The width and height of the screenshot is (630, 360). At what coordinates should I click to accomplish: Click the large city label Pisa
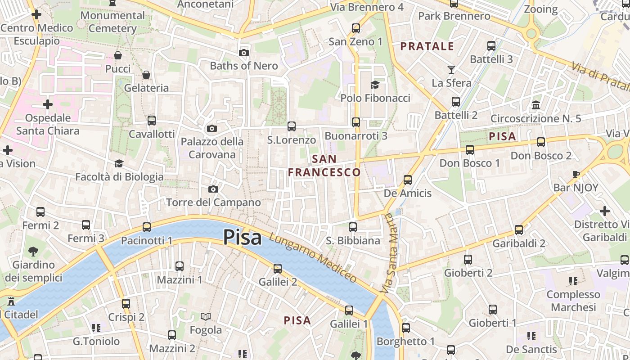coord(242,237)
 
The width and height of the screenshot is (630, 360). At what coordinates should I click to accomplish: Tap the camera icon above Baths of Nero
coord(244,53)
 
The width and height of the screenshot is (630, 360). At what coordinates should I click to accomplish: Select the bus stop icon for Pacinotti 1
coord(147,227)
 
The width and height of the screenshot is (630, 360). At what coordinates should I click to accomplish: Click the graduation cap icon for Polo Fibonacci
coord(375,85)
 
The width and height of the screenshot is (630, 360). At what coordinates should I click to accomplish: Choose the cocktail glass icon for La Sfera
coord(451,70)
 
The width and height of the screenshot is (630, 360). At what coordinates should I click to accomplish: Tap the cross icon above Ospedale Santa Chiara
coord(48,105)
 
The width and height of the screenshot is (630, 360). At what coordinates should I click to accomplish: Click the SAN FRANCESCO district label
coord(324,166)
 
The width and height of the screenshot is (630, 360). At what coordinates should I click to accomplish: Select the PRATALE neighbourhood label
coord(427,46)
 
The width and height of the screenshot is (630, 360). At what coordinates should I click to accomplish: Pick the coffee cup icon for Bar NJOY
coord(576,174)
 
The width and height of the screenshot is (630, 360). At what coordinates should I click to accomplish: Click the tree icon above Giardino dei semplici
coord(33,251)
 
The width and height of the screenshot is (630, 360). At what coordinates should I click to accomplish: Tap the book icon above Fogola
coord(206,317)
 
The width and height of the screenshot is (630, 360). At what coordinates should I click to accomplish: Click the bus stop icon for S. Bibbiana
coord(353,227)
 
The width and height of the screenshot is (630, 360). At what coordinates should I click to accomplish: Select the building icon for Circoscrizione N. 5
coord(536,105)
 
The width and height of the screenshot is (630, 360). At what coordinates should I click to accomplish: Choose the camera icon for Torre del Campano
coord(213,189)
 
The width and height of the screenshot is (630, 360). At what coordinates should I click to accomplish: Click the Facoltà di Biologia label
coord(119,177)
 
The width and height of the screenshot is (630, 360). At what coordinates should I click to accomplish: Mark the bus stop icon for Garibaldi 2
coord(519,230)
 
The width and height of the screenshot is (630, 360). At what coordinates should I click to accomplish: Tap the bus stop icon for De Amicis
coord(408,180)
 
